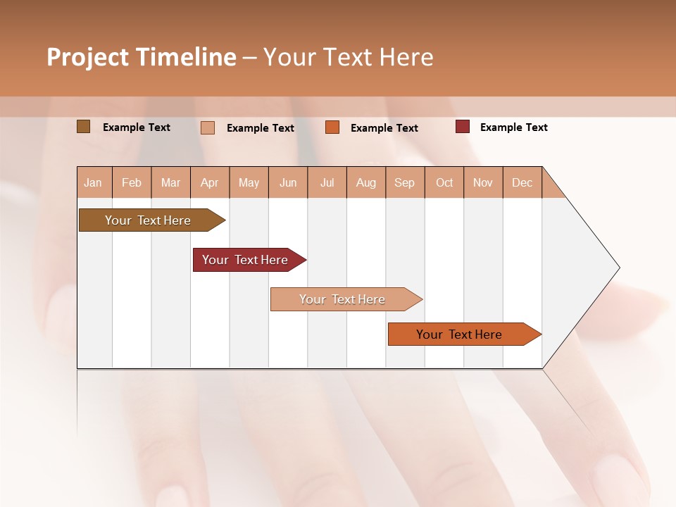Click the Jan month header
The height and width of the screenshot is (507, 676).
click(94, 183)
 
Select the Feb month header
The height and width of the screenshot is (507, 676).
click(132, 183)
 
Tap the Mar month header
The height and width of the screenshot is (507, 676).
click(170, 183)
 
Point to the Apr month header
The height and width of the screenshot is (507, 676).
click(210, 183)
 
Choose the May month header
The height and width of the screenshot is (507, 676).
click(249, 183)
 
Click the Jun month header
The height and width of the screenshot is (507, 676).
click(288, 183)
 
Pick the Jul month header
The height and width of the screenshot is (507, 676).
click(327, 183)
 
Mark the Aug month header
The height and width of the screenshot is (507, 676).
click(366, 183)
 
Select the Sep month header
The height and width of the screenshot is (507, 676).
click(405, 183)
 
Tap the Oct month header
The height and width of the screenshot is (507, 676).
click(444, 183)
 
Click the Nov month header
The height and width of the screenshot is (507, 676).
click(483, 183)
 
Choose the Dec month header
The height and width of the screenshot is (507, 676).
click(522, 183)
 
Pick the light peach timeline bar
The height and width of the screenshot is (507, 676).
click(343, 299)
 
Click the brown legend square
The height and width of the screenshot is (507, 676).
click(84, 127)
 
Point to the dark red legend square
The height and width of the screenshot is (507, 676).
click(463, 127)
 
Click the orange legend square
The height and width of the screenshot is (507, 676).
click(332, 127)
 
